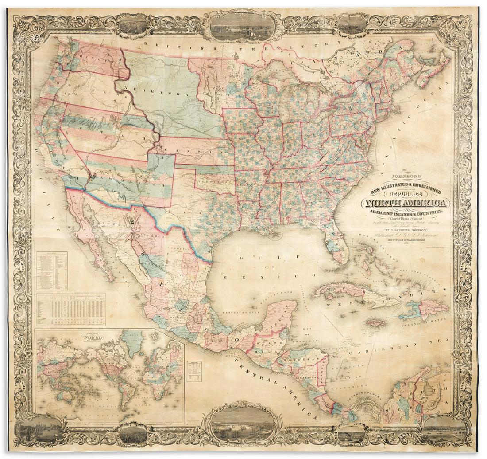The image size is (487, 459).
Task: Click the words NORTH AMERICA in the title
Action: click(406, 203)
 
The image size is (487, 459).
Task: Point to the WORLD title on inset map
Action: click(91, 338)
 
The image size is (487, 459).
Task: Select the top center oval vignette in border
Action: click(243, 25)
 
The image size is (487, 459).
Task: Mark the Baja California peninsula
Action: click(89, 239)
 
